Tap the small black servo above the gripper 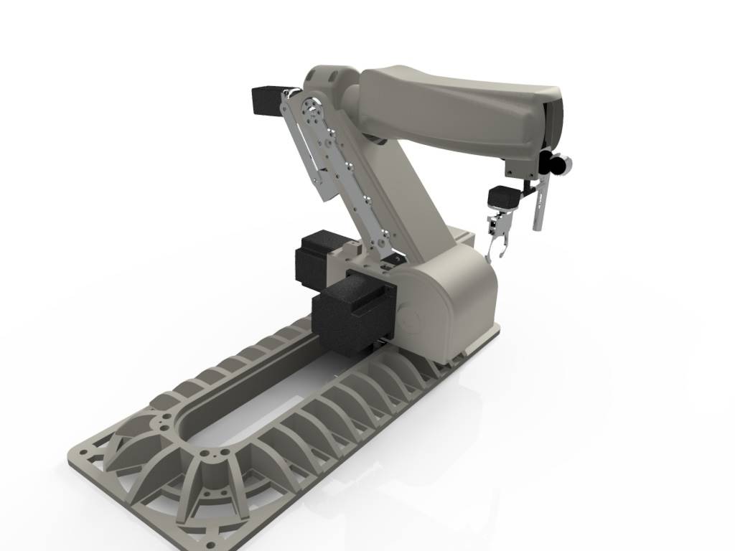coord(503,197)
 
